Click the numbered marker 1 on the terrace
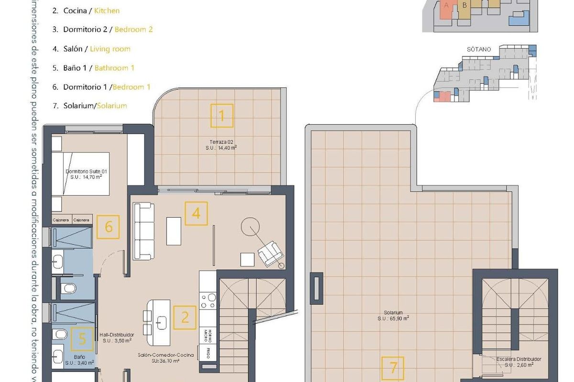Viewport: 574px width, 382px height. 221,116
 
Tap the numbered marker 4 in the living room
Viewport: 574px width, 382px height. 196,213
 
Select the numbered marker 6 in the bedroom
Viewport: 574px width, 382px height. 109,227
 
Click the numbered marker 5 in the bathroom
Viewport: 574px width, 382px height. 83,340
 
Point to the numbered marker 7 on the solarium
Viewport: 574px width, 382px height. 393,368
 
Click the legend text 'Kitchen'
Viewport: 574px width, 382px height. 107,11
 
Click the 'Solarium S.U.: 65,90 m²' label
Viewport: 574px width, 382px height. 393,316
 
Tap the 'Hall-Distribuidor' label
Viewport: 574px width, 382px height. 116,335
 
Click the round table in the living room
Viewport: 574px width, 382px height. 249,226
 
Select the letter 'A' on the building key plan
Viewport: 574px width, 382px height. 446,6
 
